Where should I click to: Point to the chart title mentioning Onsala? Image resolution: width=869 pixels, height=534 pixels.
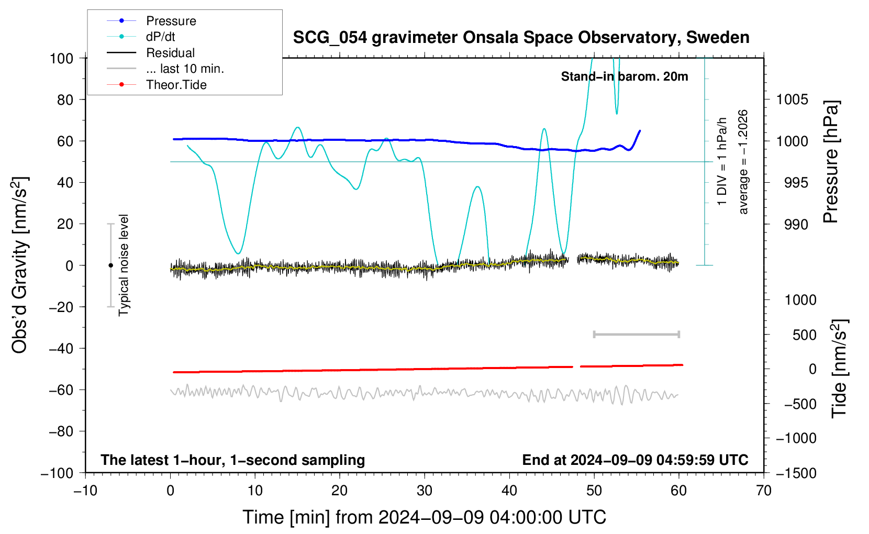pos(521,38)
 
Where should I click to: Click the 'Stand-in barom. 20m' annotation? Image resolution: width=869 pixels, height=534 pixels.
pos(624,76)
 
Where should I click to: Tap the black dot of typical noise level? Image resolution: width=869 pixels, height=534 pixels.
pos(110,265)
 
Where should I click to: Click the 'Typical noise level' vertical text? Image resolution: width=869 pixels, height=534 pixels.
pos(124,265)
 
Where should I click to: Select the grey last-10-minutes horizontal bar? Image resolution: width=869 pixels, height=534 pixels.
pos(636,335)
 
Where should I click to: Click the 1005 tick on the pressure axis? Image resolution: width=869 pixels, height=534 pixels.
pos(792,100)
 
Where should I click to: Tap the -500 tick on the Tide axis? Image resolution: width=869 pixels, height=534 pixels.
pos(799,404)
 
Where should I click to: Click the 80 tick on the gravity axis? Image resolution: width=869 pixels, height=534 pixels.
pos(65,100)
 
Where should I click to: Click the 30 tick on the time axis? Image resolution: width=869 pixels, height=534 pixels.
pos(425,491)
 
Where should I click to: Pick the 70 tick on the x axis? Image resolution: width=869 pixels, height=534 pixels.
pos(763,491)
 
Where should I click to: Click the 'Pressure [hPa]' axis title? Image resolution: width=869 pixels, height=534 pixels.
pos(831,162)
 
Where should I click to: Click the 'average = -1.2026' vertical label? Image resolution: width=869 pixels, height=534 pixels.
pos(743,162)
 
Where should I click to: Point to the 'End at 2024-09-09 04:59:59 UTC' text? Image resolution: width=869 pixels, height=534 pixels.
pos(635,460)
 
